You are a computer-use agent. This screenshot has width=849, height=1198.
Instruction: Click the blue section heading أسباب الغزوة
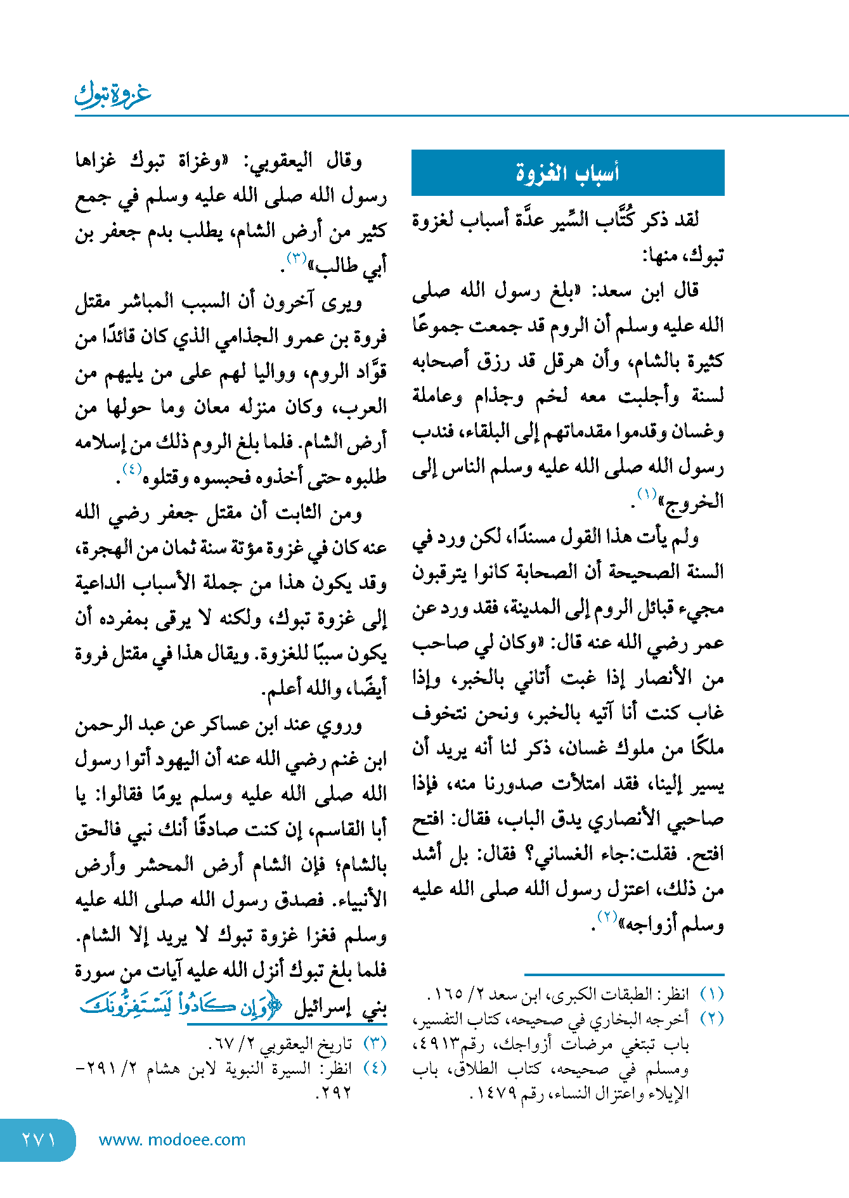point(567,172)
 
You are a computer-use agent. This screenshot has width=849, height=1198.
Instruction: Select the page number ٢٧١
point(37,1140)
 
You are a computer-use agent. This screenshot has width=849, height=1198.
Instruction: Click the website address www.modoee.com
point(172,1140)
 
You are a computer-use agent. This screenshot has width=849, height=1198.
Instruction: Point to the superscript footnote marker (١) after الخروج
point(647,494)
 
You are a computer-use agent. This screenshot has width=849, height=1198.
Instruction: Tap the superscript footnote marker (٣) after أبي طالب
point(296,258)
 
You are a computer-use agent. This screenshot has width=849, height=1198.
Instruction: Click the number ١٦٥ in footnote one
point(448,995)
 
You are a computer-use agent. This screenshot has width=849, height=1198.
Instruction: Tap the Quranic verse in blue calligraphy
point(181,1007)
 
